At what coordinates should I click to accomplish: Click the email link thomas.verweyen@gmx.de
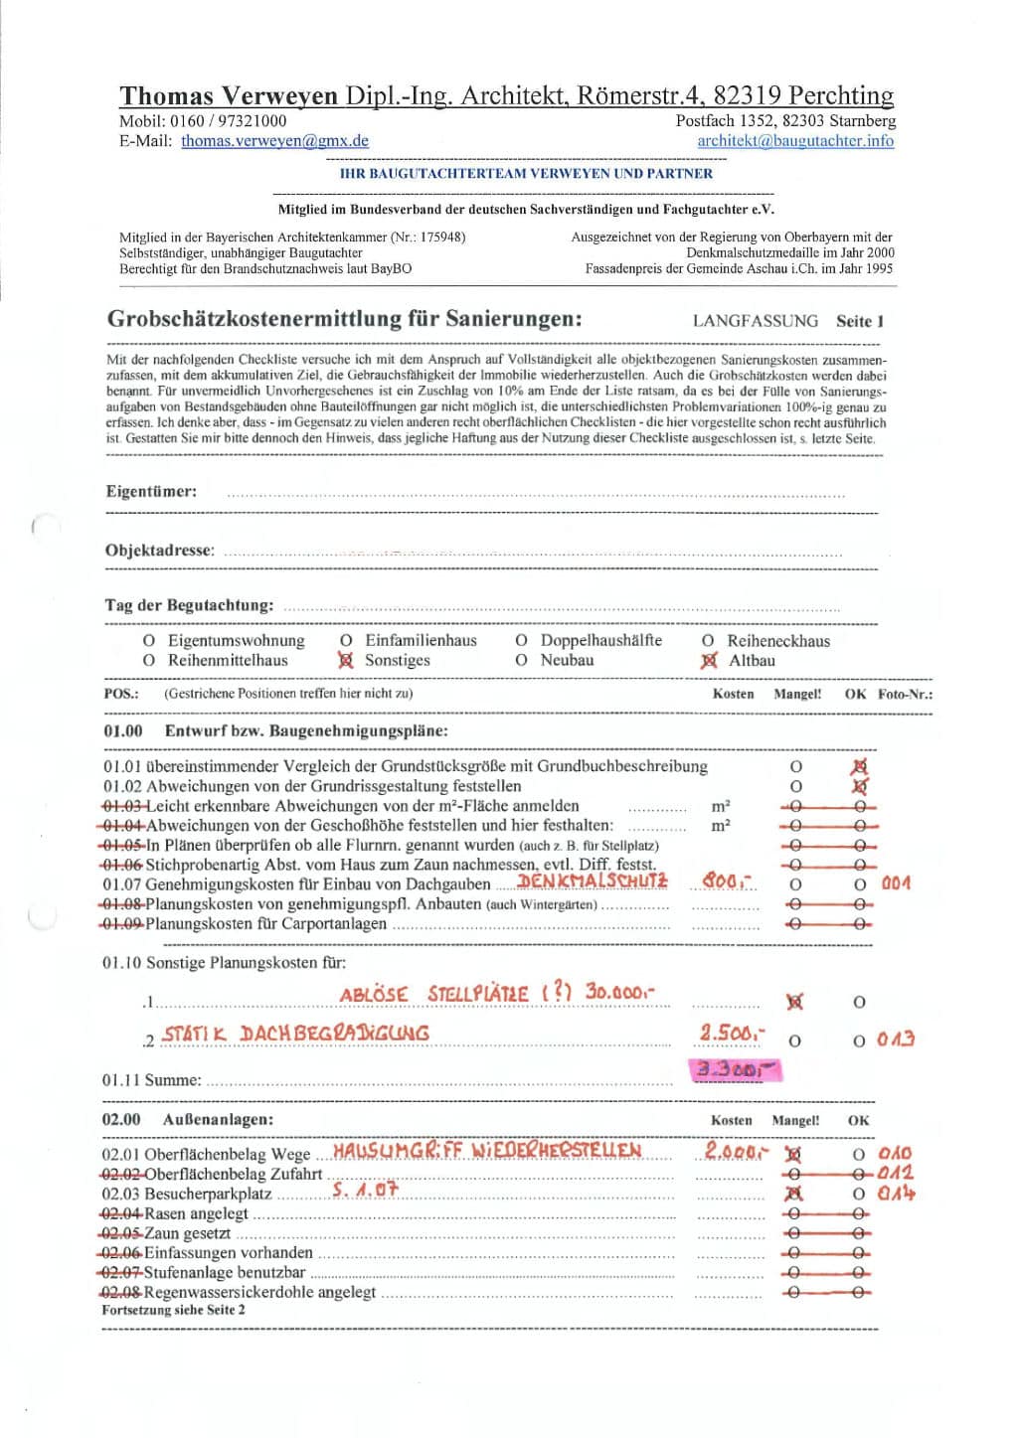click(x=274, y=141)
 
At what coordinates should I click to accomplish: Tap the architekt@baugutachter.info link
click(x=794, y=141)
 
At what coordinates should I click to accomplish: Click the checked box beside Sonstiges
click(x=346, y=660)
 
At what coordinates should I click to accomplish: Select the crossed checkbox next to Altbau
click(x=709, y=661)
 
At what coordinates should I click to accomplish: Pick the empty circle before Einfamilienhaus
click(x=346, y=641)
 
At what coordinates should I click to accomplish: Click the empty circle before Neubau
click(x=521, y=660)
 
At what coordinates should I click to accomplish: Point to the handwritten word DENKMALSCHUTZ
click(x=593, y=881)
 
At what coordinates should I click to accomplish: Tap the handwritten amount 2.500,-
click(x=732, y=1033)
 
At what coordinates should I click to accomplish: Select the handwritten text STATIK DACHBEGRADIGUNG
click(x=295, y=1034)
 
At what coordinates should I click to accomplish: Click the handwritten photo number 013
click(x=896, y=1039)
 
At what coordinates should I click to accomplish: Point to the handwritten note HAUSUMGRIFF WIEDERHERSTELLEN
click(x=486, y=1151)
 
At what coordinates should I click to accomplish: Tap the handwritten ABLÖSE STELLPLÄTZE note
click(x=497, y=993)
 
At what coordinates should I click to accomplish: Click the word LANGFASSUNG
click(x=756, y=321)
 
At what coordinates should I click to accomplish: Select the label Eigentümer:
click(x=151, y=491)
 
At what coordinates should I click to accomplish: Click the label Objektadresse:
click(x=160, y=551)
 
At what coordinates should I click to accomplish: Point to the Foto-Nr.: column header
click(x=905, y=694)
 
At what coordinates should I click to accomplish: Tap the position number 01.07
click(x=122, y=883)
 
